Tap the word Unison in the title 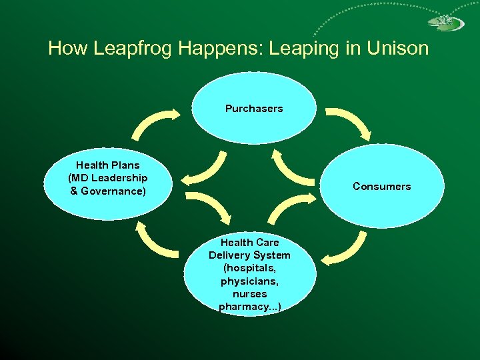click(397, 49)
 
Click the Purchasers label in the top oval click(253, 109)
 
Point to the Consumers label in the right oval click(381, 187)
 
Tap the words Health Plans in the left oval click(108, 165)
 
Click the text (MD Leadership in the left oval click(108, 178)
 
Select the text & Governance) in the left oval click(108, 191)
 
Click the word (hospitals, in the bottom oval click(249, 268)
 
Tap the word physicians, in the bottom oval click(249, 281)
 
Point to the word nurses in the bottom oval click(249, 294)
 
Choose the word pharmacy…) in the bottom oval click(249, 307)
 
